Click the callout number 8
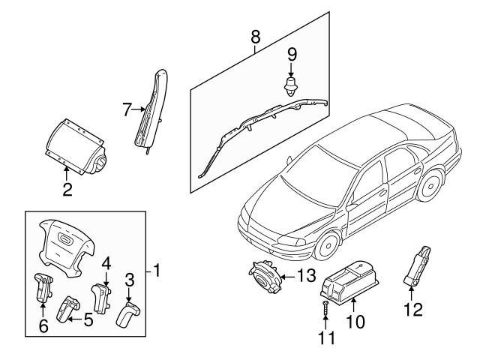(255, 35)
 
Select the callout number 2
(67, 189)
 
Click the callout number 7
(127, 110)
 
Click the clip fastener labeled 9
(291, 84)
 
